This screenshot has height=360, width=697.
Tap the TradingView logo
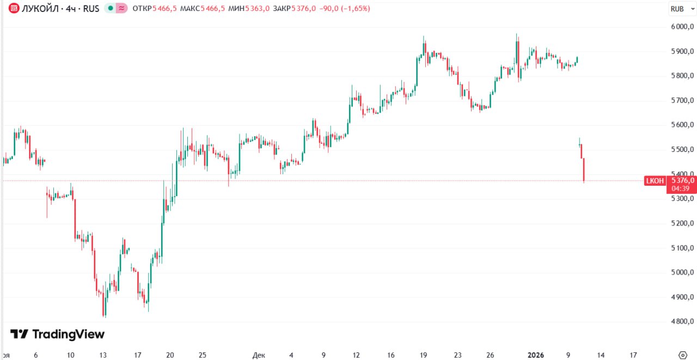point(57,334)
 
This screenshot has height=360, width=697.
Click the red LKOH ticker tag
point(655,181)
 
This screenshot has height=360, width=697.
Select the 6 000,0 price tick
point(682,27)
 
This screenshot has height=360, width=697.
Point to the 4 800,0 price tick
point(682,322)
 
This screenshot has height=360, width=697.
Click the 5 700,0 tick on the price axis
point(682,101)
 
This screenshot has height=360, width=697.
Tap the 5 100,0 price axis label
point(682,248)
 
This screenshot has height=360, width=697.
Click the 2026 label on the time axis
point(536,355)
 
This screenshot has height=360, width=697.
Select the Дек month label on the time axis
point(259,355)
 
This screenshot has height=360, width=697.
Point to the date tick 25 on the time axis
point(202,355)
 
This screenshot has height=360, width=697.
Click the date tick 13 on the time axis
point(103,355)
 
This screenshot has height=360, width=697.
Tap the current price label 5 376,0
point(683,180)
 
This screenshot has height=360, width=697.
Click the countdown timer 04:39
point(681,188)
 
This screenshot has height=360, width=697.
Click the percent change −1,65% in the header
point(354,9)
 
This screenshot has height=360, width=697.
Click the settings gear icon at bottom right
point(682,355)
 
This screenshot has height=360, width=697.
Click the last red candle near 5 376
point(584,170)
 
